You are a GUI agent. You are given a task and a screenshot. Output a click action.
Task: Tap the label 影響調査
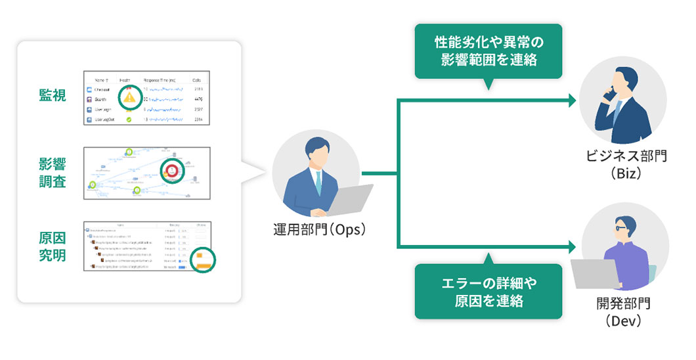53,172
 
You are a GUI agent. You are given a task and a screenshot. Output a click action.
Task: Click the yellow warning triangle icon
130,97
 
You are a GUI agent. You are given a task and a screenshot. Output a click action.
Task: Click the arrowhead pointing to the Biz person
573,100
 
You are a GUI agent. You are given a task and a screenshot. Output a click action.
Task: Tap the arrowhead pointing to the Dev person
573,247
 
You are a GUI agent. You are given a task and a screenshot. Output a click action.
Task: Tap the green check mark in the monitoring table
129,120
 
